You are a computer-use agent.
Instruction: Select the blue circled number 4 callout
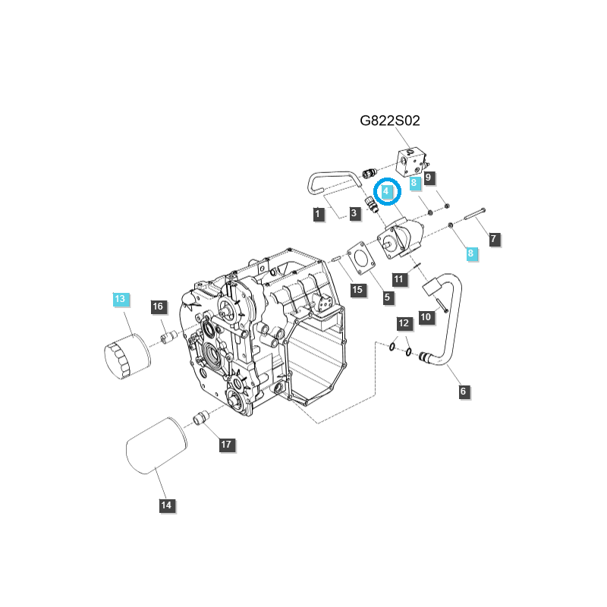(x=387, y=192)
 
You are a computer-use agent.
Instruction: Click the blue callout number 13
(x=120, y=299)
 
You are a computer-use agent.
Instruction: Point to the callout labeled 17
(x=226, y=445)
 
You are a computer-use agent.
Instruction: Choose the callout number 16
(x=158, y=307)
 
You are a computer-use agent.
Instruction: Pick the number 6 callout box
(x=464, y=392)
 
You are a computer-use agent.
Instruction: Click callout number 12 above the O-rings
(x=404, y=323)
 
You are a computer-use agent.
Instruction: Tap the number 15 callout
(x=357, y=289)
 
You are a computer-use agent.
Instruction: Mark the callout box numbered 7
(x=493, y=240)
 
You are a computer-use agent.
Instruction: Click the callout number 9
(x=429, y=178)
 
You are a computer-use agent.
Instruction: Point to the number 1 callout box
(x=318, y=215)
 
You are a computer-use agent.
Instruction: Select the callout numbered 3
(x=354, y=215)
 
